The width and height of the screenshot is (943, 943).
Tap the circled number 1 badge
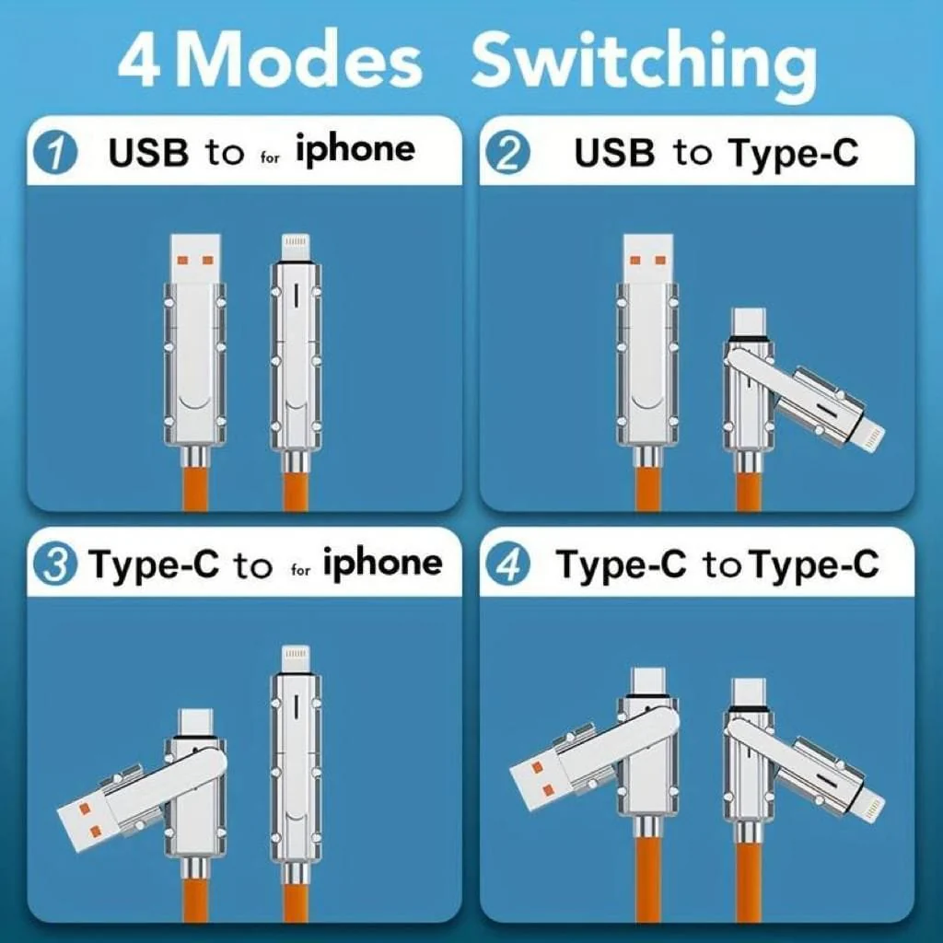(x=55, y=153)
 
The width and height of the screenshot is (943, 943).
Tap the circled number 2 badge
(x=508, y=153)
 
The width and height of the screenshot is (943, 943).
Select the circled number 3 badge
(x=55, y=565)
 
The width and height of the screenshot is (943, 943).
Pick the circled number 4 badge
(x=508, y=565)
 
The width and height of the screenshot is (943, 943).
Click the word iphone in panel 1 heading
(x=355, y=150)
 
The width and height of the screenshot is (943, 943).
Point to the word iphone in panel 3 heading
(x=383, y=563)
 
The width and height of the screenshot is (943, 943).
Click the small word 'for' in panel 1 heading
(x=271, y=158)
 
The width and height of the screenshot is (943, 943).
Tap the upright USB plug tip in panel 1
(x=195, y=259)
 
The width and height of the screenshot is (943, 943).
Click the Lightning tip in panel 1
(x=296, y=248)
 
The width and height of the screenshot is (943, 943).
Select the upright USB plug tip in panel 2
(x=647, y=259)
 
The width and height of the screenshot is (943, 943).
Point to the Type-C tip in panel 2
(x=748, y=323)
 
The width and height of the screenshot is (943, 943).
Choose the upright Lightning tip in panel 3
(x=296, y=659)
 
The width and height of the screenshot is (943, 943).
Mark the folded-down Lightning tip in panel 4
(x=866, y=798)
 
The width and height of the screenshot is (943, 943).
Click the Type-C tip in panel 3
(x=196, y=723)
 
